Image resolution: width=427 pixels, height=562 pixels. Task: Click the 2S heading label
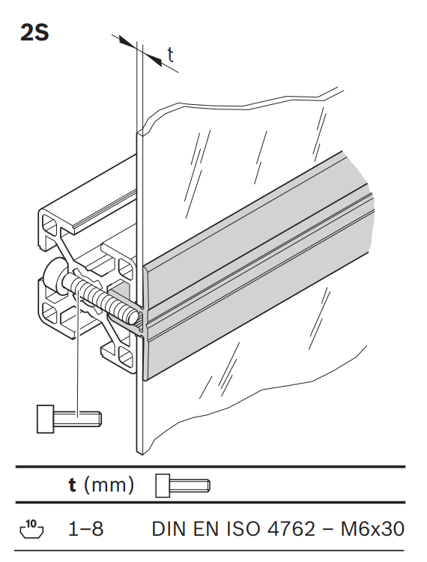coord(34,33)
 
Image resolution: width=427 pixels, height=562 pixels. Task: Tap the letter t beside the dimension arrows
coord(171,55)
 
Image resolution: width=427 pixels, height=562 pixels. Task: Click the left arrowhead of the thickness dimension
coord(127,41)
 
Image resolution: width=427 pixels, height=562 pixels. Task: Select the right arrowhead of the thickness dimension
coord(153,58)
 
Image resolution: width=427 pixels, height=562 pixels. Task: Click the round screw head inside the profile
coord(54,276)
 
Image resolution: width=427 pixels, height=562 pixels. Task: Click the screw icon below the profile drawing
coord(69,419)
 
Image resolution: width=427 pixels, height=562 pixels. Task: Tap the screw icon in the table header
coord(183,486)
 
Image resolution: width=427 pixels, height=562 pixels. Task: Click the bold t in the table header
coord(73,486)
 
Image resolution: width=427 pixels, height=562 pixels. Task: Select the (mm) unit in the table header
coord(109,486)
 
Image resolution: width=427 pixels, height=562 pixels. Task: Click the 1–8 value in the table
coord(86,529)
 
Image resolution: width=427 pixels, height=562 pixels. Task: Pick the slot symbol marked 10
coord(31,529)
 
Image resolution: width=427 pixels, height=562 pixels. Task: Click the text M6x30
coord(372,529)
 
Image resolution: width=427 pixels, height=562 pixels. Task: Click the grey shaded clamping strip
coord(258,265)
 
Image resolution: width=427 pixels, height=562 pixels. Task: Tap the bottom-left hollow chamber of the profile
coord(49,311)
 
